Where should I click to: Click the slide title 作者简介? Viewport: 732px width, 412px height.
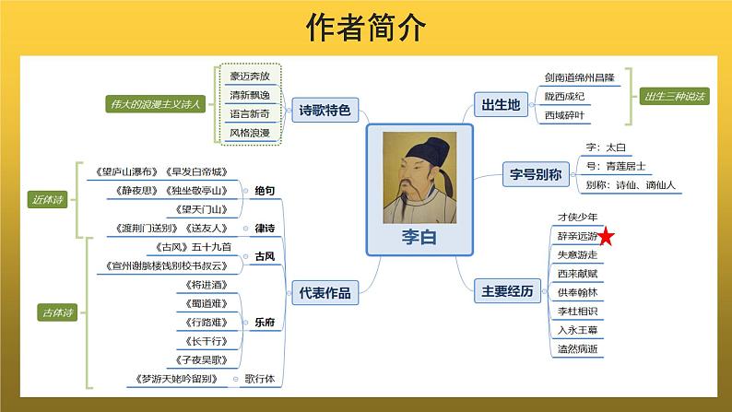(x=365, y=28)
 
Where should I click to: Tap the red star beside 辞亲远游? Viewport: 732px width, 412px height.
(x=608, y=239)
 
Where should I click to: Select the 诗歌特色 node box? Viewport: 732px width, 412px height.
(x=325, y=111)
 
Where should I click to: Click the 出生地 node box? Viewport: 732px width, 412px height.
(x=501, y=105)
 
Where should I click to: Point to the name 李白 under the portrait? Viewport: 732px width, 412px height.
(x=419, y=237)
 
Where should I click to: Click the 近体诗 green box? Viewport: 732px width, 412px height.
(x=46, y=198)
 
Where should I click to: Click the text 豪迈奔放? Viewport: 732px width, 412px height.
(x=250, y=76)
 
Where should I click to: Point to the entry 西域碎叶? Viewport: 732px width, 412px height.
(x=563, y=115)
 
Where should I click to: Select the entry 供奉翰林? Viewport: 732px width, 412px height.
(x=577, y=292)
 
